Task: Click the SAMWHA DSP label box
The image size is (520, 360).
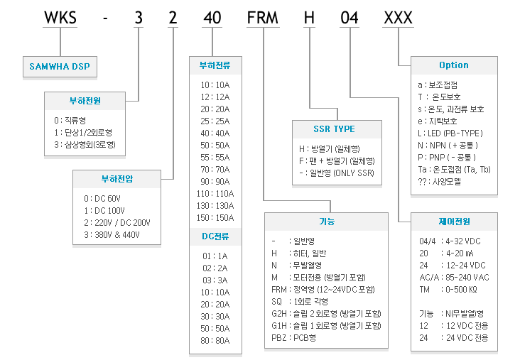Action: coord(60,67)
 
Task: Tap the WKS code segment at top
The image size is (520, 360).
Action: coord(60,18)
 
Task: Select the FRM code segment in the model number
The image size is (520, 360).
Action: coord(263,18)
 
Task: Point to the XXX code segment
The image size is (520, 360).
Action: coord(398,18)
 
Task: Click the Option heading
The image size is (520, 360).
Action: coord(454,65)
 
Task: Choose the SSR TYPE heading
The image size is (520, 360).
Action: coord(334,129)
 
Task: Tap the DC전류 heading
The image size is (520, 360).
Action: coord(215,236)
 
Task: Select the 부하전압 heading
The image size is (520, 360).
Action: coord(117,179)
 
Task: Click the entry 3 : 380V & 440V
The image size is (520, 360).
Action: coord(112,235)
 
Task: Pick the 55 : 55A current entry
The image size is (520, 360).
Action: coord(215,157)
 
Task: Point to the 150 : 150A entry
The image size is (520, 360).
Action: coord(215,217)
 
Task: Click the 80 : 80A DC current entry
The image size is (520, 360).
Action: coord(215,340)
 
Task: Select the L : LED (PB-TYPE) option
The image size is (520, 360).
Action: coord(450,133)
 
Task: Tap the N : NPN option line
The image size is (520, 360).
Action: coord(448,145)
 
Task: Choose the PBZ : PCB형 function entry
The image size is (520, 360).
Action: coord(293,337)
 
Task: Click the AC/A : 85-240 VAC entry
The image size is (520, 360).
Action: coord(454,277)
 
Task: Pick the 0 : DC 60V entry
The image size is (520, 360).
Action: coord(102,199)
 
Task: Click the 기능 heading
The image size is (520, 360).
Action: coord(327,221)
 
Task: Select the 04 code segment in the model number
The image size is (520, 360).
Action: coord(350,18)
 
